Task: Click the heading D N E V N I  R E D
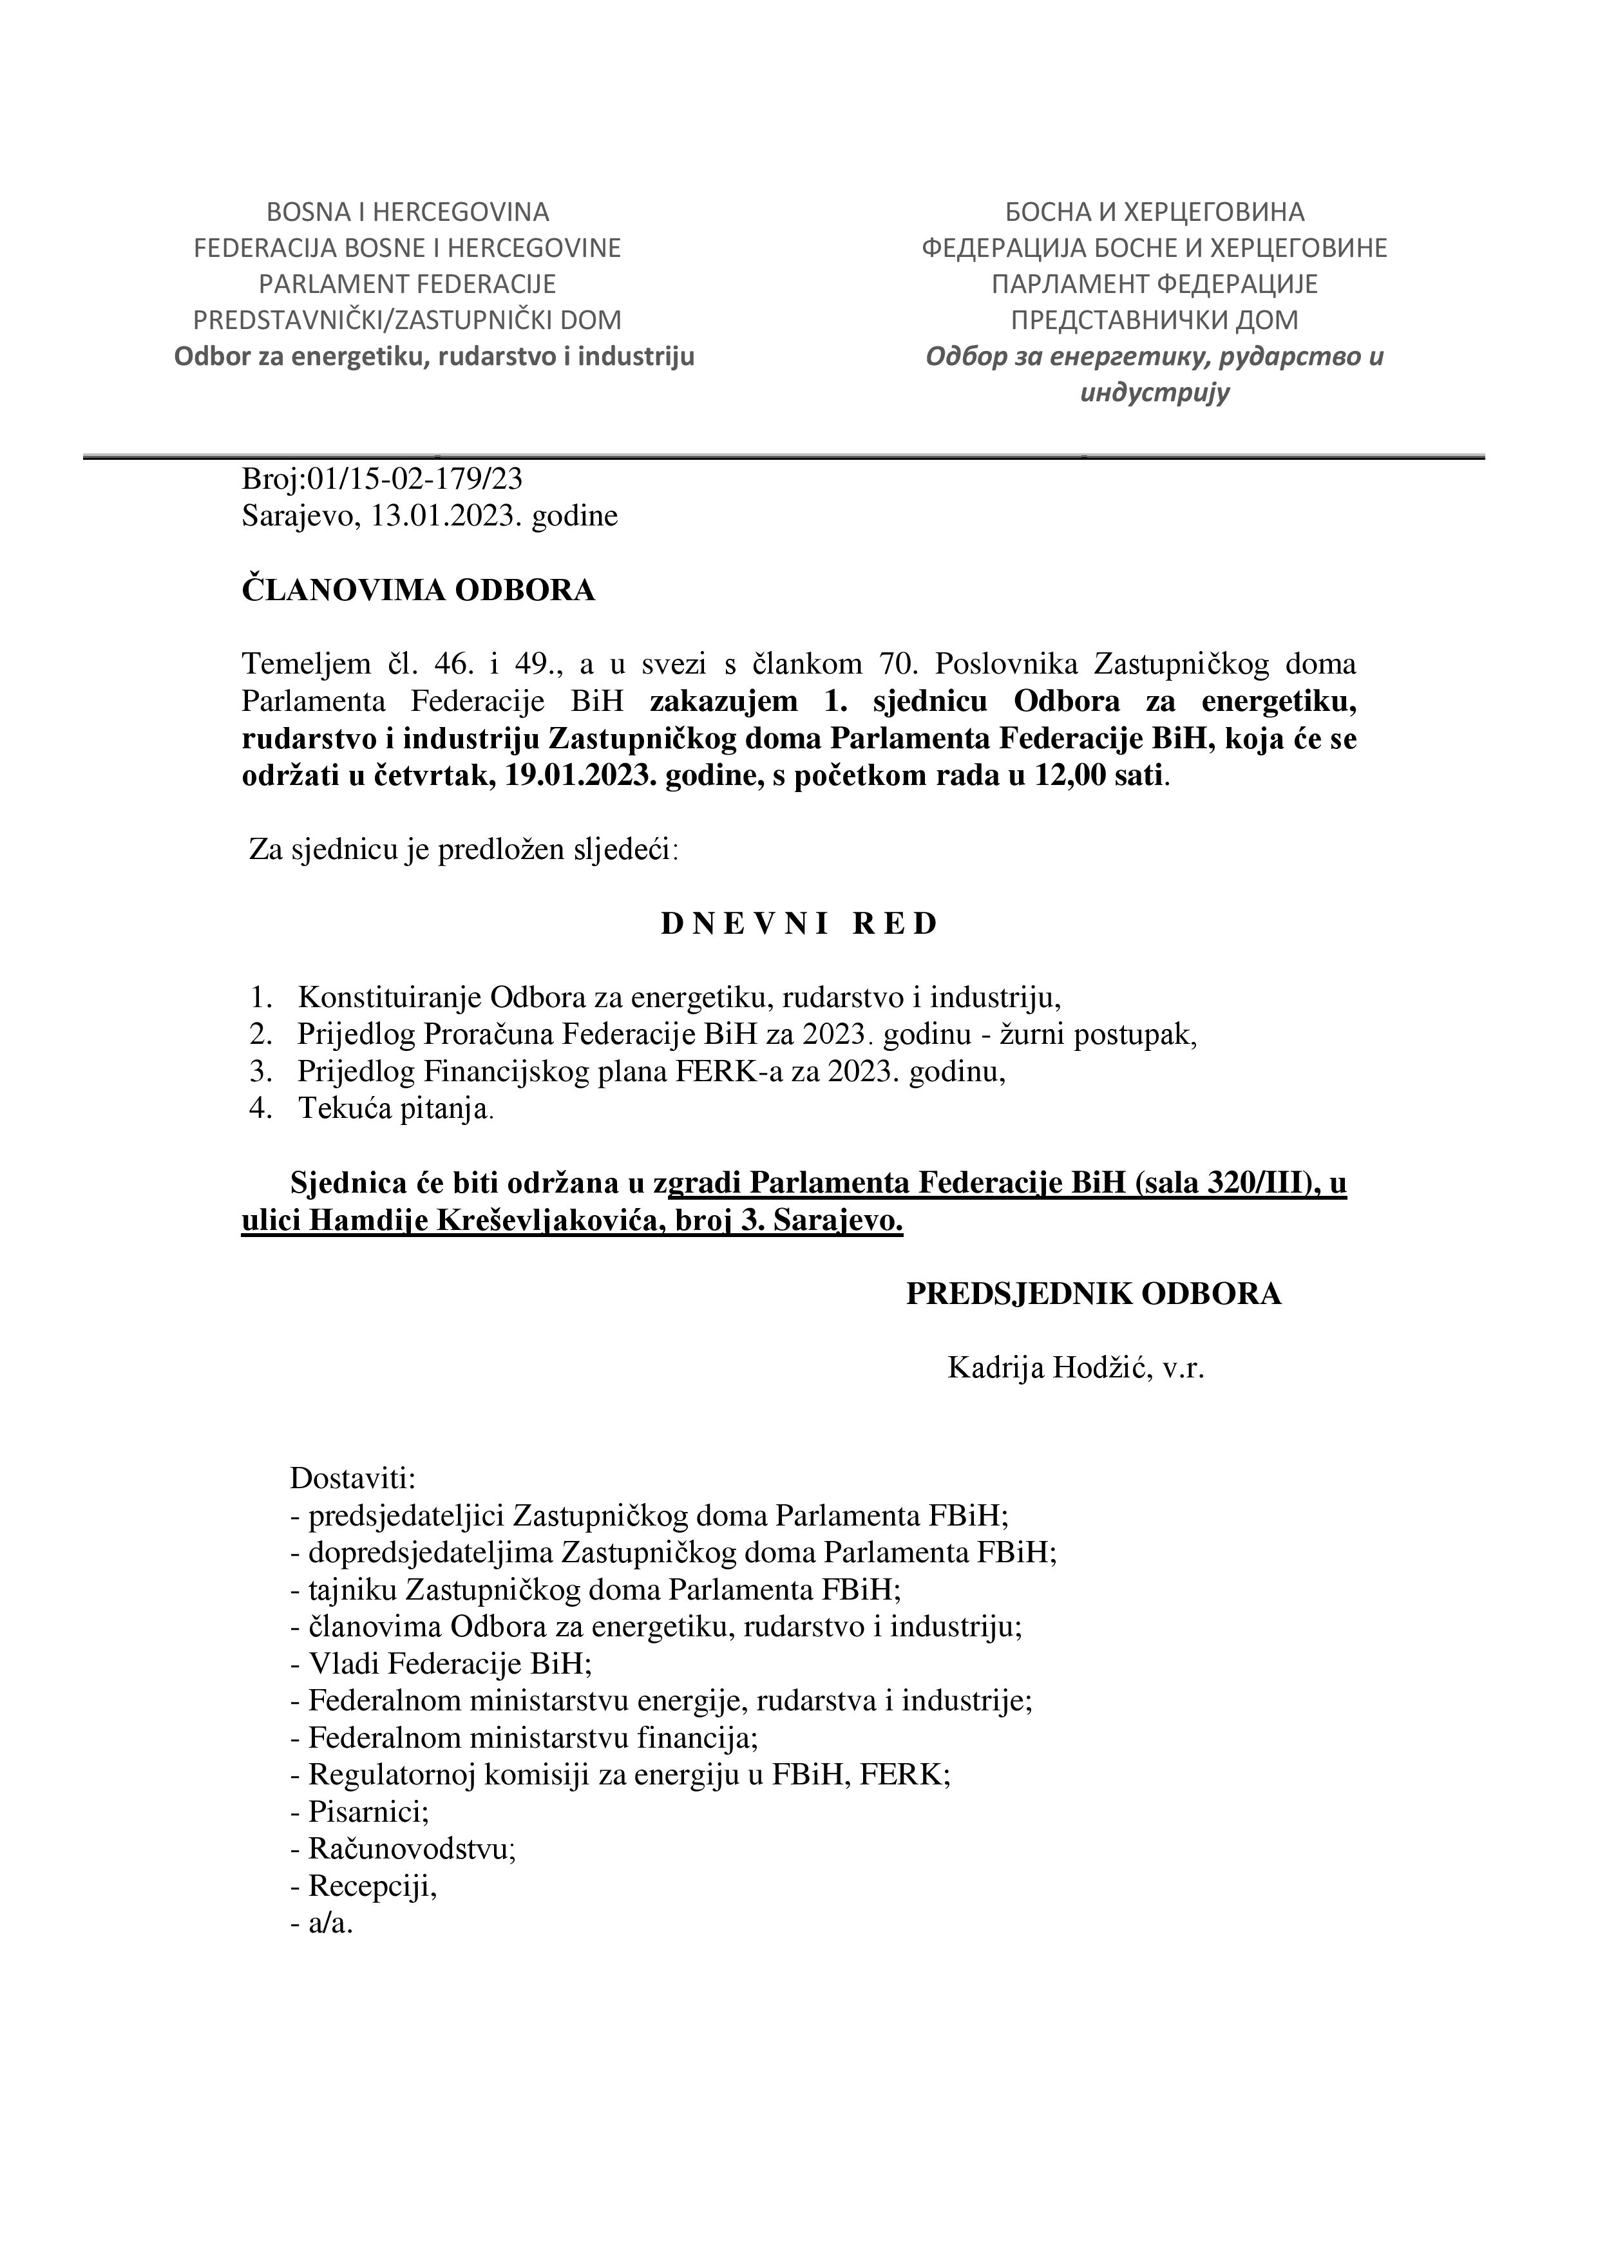799,924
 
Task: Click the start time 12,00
1070,775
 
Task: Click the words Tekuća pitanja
394,1109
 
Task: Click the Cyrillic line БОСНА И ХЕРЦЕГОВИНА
1154,211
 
